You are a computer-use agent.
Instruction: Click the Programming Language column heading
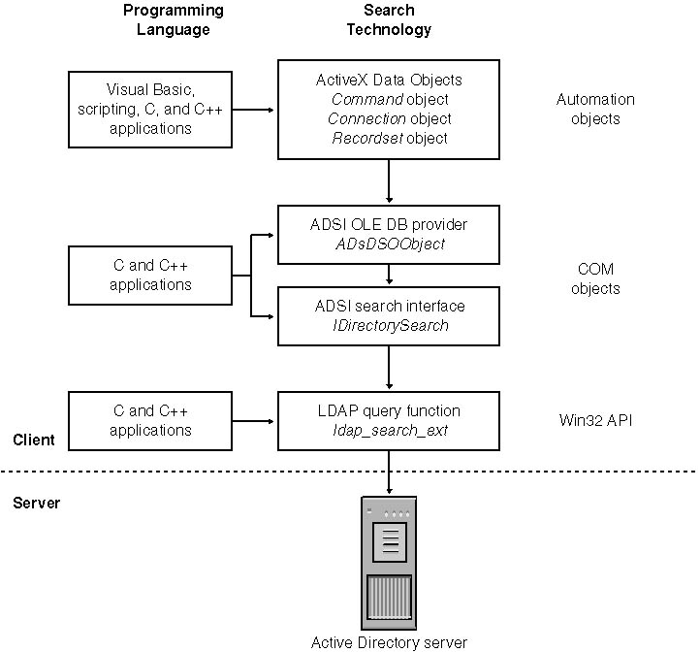pos(174,19)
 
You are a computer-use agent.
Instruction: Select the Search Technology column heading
pos(389,19)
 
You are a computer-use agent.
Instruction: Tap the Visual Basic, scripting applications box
pos(150,109)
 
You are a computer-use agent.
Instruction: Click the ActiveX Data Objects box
pos(388,109)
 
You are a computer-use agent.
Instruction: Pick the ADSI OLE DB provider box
pos(388,234)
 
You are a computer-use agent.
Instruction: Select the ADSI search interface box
pos(388,315)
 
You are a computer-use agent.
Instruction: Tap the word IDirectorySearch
pos(389,325)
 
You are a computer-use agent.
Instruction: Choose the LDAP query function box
pos(388,420)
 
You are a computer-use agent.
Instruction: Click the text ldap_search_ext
pos(389,430)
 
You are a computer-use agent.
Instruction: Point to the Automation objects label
pos(595,109)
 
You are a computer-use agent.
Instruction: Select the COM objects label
pos(596,279)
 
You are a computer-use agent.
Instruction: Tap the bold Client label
pos(34,440)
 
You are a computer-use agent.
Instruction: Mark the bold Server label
pos(36,503)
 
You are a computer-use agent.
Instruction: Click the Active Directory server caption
pos(389,641)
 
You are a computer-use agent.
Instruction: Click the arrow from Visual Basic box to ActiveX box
pos(255,109)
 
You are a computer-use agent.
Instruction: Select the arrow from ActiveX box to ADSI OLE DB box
pos(389,181)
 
